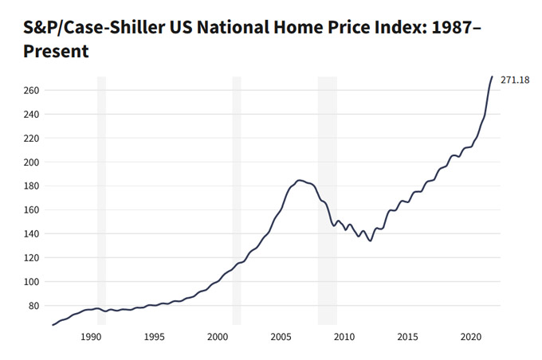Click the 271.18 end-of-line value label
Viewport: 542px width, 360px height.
click(x=514, y=80)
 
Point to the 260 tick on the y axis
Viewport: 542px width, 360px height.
click(x=32, y=90)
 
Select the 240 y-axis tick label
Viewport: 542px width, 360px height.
click(x=32, y=114)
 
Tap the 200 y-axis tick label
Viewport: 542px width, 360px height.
click(x=32, y=162)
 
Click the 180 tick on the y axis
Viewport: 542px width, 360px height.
click(x=32, y=186)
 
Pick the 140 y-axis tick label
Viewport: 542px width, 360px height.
click(x=32, y=233)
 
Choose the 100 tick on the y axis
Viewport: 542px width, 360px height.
click(x=32, y=281)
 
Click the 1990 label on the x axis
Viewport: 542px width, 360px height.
click(x=91, y=337)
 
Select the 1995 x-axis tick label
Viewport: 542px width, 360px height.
click(x=154, y=337)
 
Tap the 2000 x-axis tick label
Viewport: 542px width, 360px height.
click(x=218, y=337)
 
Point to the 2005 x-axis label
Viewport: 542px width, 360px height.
click(x=281, y=337)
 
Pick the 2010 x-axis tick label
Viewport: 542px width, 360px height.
click(x=344, y=337)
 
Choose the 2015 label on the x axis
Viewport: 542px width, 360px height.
click(x=407, y=337)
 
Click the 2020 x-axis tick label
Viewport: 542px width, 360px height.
click(x=470, y=337)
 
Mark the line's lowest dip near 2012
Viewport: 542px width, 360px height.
click(x=370, y=241)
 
